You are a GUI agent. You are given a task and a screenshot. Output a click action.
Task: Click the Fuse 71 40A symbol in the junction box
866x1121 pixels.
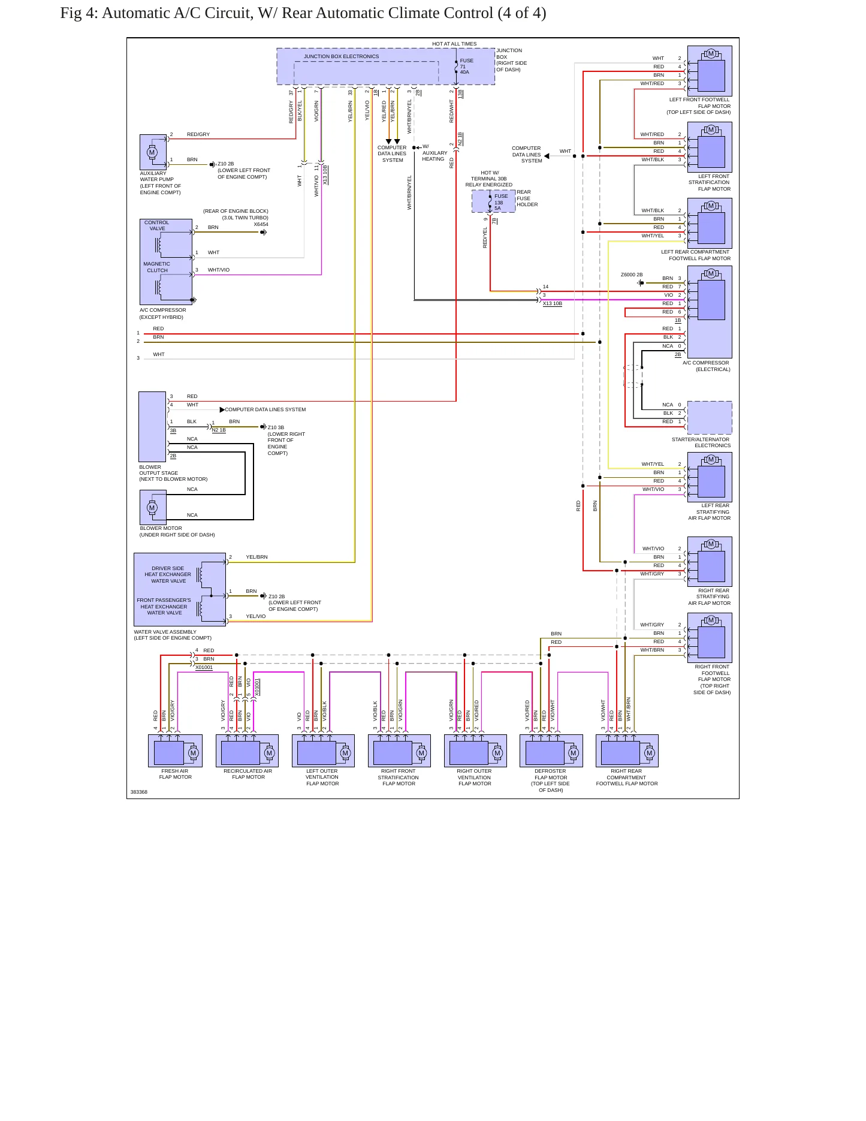456,67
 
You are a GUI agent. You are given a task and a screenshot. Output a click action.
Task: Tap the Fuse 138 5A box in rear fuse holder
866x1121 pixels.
493,201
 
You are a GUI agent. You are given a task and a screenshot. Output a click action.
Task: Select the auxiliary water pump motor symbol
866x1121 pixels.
152,152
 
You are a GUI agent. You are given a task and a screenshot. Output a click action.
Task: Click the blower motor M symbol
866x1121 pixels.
152,508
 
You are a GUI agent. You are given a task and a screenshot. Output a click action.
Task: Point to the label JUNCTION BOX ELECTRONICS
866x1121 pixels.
341,56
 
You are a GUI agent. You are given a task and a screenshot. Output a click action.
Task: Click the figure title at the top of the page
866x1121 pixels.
303,13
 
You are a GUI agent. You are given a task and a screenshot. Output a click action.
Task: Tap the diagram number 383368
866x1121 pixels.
139,792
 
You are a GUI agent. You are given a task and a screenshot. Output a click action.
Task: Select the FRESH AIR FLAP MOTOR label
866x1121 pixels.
175,774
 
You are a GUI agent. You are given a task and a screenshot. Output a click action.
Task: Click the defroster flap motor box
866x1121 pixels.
551,751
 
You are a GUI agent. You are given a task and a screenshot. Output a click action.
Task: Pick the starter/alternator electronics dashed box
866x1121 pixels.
710,418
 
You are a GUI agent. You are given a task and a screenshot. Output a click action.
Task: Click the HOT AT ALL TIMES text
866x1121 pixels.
454,44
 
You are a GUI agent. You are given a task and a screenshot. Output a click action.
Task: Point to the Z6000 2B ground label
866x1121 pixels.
632,275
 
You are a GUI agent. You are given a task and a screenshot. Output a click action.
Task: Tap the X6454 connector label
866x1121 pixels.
261,224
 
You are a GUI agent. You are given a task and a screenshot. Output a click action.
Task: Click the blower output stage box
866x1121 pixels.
152,427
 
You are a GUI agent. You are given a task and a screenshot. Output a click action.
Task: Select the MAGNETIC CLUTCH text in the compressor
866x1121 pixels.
157,267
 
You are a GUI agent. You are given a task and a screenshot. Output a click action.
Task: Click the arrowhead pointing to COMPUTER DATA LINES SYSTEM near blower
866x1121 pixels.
222,410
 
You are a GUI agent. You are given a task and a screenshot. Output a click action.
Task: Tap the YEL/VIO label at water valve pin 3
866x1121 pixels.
256,616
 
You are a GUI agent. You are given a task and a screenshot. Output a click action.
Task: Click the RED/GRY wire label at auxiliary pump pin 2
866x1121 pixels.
198,134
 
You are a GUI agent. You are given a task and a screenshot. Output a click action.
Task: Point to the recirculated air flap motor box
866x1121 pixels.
247,751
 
